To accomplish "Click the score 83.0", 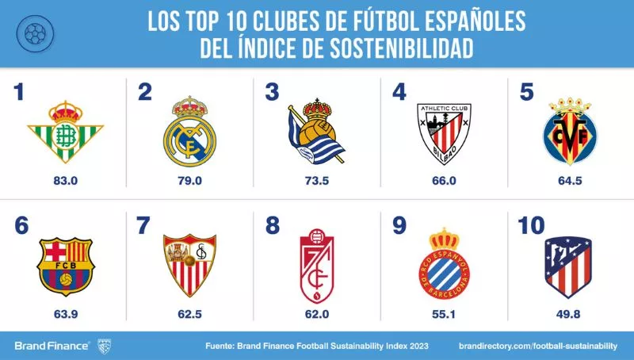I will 65,182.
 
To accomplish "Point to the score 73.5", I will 316,182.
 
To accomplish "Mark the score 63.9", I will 65,314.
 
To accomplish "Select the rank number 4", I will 400,93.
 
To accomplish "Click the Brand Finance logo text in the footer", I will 51,345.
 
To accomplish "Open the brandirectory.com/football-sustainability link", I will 538,346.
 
